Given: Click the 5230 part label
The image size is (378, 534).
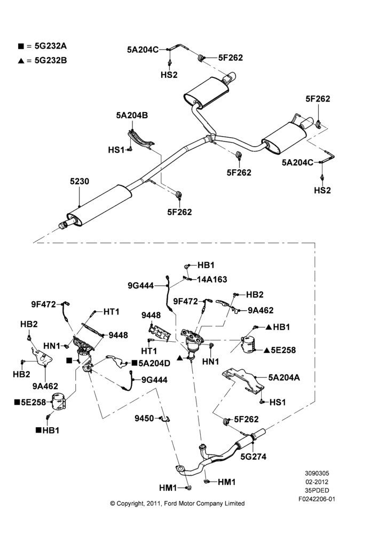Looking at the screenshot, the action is point(80,181).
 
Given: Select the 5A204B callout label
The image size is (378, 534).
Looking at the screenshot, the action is point(132,115).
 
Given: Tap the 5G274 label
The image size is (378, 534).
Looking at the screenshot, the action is point(254,457).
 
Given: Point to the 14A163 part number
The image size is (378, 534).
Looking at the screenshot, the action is point(212,279).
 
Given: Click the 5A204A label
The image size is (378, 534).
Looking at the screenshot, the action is point(284,378).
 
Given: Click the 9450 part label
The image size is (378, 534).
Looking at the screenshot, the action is point(144,418).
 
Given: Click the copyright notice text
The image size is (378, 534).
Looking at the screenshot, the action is point(177,504).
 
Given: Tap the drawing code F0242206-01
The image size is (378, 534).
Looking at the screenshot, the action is point(317,499).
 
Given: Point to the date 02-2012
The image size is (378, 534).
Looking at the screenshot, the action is point(317,482).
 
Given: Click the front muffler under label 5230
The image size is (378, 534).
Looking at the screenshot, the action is point(99,206).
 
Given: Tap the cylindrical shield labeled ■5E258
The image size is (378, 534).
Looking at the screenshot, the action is point(59,403).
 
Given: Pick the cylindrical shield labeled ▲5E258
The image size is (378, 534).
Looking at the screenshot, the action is point(249,344).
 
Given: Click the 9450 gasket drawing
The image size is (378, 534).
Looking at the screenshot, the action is point(166,419).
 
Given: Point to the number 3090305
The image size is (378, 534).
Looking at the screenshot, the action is point(317,473).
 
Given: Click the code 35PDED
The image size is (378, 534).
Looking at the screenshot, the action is point(317,490).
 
